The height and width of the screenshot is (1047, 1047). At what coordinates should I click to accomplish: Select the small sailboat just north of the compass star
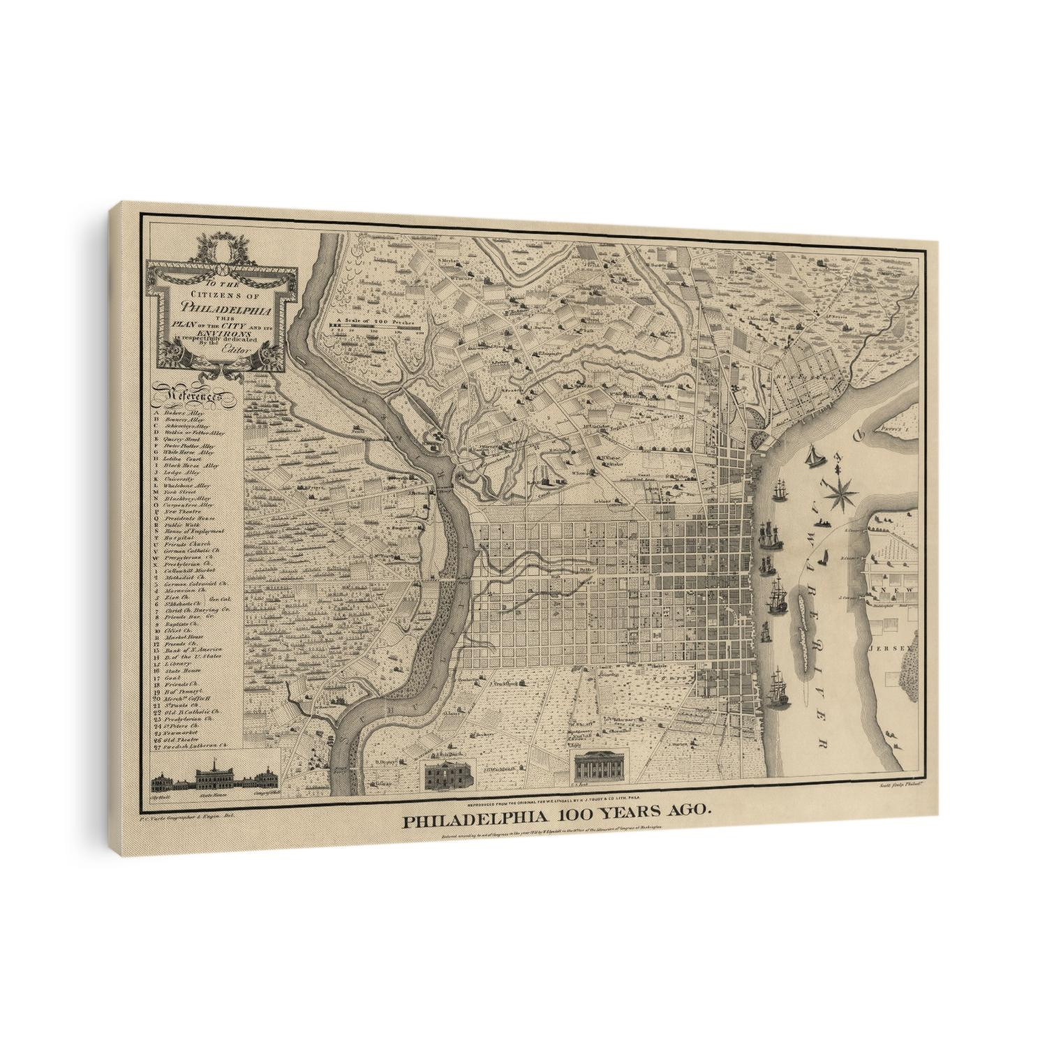tap(814, 458)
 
